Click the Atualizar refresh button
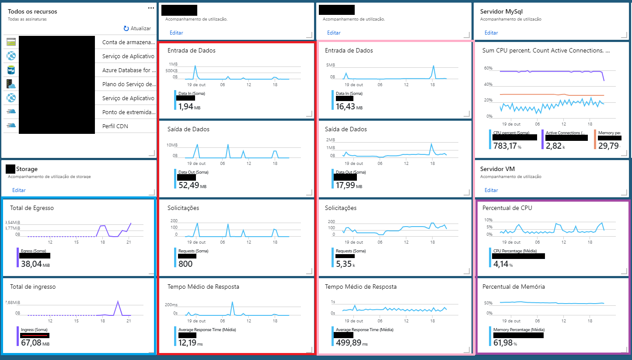tap(137, 28)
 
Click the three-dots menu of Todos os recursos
tap(151, 8)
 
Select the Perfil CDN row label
tap(115, 126)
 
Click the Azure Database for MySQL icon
tap(11, 70)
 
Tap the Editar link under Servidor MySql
tap(491, 33)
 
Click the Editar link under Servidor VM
tap(491, 190)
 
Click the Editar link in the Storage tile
tap(19, 190)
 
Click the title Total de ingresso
tap(33, 287)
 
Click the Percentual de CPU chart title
tap(507, 208)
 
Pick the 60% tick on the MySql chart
tap(488, 69)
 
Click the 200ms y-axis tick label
tap(171, 305)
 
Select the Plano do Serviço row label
tap(129, 84)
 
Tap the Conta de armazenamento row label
tap(129, 42)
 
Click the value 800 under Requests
tap(185, 264)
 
